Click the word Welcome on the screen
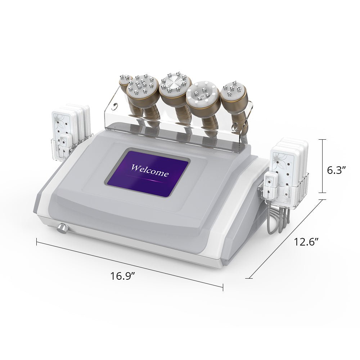point(149,170)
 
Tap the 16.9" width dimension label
point(122,276)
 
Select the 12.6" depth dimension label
point(306,242)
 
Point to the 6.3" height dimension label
point(336,170)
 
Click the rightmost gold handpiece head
point(234,93)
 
